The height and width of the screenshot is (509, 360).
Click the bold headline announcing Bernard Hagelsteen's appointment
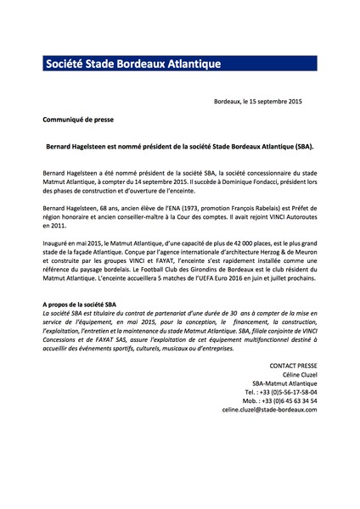pyautogui.click(x=179, y=146)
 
